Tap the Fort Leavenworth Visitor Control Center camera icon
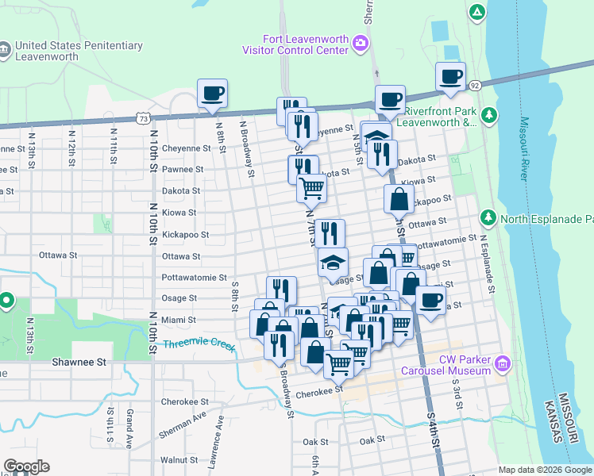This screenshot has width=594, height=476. coord(362,41)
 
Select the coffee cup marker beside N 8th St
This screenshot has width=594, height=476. coord(213,94)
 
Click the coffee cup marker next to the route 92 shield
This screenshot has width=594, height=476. coord(450,76)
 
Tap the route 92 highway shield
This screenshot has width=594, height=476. coord(474,85)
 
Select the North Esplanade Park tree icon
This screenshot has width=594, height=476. coord(486,217)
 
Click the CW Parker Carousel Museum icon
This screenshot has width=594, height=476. coord(502,364)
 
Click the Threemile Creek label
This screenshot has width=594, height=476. coord(200,344)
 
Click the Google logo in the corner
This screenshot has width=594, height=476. coord(26,466)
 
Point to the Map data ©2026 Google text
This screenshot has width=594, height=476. coord(544,470)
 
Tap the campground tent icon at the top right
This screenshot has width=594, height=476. coord(476,11)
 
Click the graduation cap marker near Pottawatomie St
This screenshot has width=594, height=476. coord(333,261)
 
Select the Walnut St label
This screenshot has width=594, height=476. coord(179,459)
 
